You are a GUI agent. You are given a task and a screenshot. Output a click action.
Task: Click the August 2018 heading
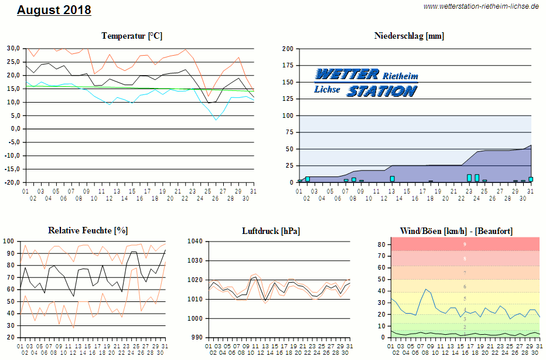[x=54, y=11]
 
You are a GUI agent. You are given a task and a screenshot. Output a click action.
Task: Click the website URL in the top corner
[x=481, y=6]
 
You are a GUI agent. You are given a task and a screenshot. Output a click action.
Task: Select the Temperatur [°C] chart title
[x=132, y=36]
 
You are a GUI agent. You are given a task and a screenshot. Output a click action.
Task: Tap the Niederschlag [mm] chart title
[x=409, y=36]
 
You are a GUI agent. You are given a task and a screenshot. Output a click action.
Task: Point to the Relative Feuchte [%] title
[x=88, y=230]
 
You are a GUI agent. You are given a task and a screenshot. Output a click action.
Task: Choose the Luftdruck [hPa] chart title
[x=271, y=230]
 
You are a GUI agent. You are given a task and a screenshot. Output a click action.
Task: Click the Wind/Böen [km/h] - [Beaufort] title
[x=456, y=230]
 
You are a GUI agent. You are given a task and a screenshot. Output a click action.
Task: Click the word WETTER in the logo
[x=347, y=74]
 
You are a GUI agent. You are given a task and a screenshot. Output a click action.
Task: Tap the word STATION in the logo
[x=381, y=91]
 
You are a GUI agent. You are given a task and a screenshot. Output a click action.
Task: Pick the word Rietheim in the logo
[x=401, y=76]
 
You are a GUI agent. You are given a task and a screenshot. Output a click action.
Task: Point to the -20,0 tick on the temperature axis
[x=12, y=182]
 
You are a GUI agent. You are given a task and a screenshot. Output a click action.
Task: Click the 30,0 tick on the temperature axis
[x=13, y=48]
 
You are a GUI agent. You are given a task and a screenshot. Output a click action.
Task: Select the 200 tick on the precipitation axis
[x=287, y=49]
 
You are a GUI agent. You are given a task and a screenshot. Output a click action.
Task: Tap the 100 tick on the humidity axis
[x=9, y=241]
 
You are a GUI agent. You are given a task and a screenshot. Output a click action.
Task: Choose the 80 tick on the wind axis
[x=380, y=244]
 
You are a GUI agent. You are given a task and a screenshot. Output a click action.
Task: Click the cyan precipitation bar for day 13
[x=393, y=179]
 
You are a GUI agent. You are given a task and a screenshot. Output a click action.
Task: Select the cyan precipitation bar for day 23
[x=469, y=178]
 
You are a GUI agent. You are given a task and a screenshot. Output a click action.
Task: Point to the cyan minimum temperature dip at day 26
[x=216, y=119]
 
